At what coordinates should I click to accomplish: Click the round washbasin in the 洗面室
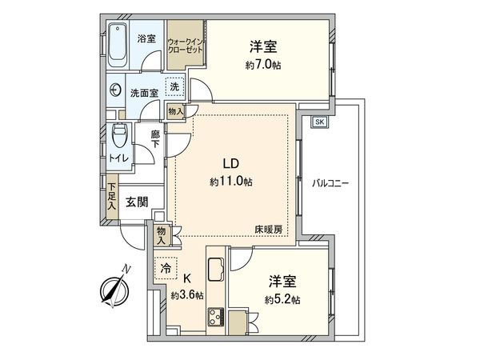click(x=117, y=91)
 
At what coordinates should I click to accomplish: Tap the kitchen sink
click(x=217, y=270)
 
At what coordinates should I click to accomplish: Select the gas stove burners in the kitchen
click(x=215, y=318)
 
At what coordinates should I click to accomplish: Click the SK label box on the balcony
click(x=319, y=122)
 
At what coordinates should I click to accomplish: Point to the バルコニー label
click(x=330, y=183)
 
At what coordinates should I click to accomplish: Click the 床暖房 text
click(x=268, y=230)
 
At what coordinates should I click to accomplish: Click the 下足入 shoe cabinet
click(x=111, y=198)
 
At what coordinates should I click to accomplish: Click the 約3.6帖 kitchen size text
click(x=187, y=295)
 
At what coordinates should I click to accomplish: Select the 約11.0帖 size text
click(x=231, y=182)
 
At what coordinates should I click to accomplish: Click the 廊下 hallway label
click(x=156, y=141)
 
